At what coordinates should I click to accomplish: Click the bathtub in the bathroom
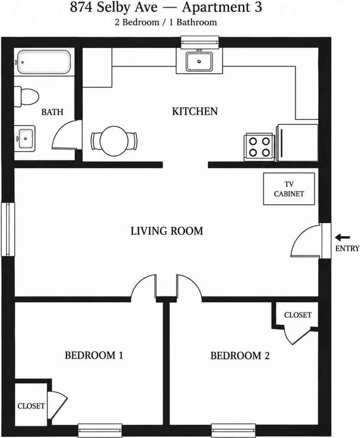point(43,62)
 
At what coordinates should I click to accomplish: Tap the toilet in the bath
point(26,96)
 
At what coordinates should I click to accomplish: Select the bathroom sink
point(25,138)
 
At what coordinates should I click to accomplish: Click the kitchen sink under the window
point(199,61)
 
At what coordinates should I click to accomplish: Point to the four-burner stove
point(259,147)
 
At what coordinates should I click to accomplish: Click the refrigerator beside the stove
point(297,142)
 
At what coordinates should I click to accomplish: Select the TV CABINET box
point(289,189)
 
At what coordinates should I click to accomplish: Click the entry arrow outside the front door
point(342,238)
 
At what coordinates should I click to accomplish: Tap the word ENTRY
point(347,248)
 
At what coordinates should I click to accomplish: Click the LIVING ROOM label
point(167,231)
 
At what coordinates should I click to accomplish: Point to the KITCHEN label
point(195,111)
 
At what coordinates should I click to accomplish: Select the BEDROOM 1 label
point(94,355)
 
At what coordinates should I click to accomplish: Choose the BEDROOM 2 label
point(240,356)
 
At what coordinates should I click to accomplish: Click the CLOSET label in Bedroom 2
point(298,315)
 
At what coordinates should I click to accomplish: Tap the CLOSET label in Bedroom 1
point(31,406)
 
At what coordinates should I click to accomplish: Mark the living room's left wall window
point(8,229)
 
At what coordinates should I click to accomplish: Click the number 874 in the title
point(81,8)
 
